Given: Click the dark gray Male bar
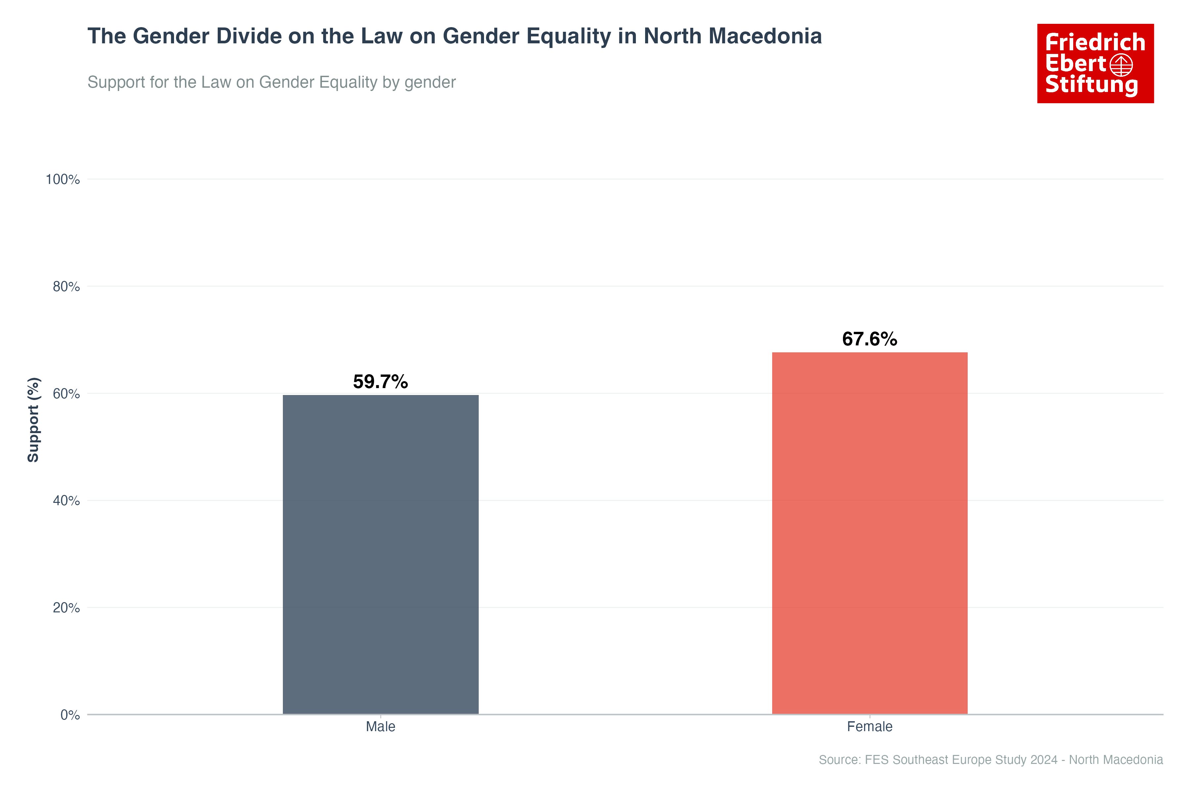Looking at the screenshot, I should point(380,554).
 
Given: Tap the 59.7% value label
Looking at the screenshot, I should point(380,382).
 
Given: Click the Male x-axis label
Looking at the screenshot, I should point(380,727).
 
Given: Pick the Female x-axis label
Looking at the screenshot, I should point(869,727).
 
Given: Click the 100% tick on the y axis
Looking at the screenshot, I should point(63,179).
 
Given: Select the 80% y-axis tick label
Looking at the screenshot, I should point(66,287).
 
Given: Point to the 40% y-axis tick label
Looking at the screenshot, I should point(66,501).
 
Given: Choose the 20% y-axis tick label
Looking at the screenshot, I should point(66,608).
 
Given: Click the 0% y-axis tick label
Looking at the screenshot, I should point(70,715).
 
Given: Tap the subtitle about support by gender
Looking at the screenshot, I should point(271,82).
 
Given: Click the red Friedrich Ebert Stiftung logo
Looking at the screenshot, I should point(1095,63).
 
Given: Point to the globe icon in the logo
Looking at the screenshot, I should point(1121,65).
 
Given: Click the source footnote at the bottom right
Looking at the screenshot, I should point(991,760).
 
